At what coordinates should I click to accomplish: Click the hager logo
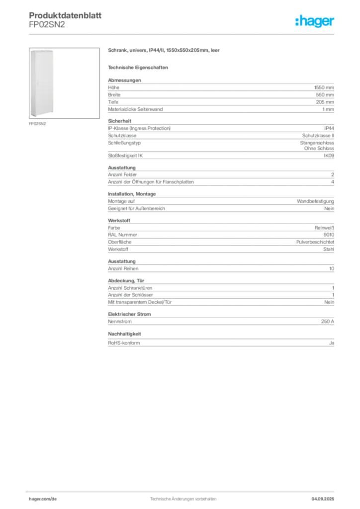coord(315,21)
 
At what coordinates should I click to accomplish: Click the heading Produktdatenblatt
coord(65,15)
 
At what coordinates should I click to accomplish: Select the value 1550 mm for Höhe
coord(324,87)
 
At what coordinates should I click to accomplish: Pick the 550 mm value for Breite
coord(325,95)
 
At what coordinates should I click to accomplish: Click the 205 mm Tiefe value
coord(325,102)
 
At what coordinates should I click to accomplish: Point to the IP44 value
coord(329,128)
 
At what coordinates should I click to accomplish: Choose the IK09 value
coord(329,156)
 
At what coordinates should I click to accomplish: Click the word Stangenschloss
coord(317,143)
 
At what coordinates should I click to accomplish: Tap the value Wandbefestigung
coord(315,201)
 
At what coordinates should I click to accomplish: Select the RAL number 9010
coord(329,235)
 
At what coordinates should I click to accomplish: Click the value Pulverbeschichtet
coord(315,242)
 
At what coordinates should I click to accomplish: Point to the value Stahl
coord(329,250)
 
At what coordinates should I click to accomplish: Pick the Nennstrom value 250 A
coord(328,322)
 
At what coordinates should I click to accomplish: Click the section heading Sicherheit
coord(119,121)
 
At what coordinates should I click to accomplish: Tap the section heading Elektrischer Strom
coord(129,314)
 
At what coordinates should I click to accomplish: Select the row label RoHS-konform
coord(124,343)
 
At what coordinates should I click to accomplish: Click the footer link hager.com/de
coord(43,499)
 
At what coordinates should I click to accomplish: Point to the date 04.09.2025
coord(323,499)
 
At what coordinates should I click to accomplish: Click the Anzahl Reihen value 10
coord(332,268)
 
